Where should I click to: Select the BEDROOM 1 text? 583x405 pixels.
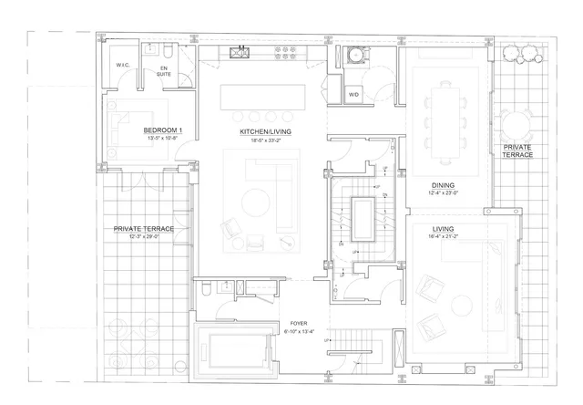point(162,131)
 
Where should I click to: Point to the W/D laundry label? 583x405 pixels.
point(354,94)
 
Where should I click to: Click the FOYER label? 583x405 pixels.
point(298,324)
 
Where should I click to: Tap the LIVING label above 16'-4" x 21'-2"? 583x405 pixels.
point(444,229)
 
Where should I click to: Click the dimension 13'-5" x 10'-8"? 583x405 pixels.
point(162,140)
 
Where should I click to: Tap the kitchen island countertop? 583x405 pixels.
point(260,95)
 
